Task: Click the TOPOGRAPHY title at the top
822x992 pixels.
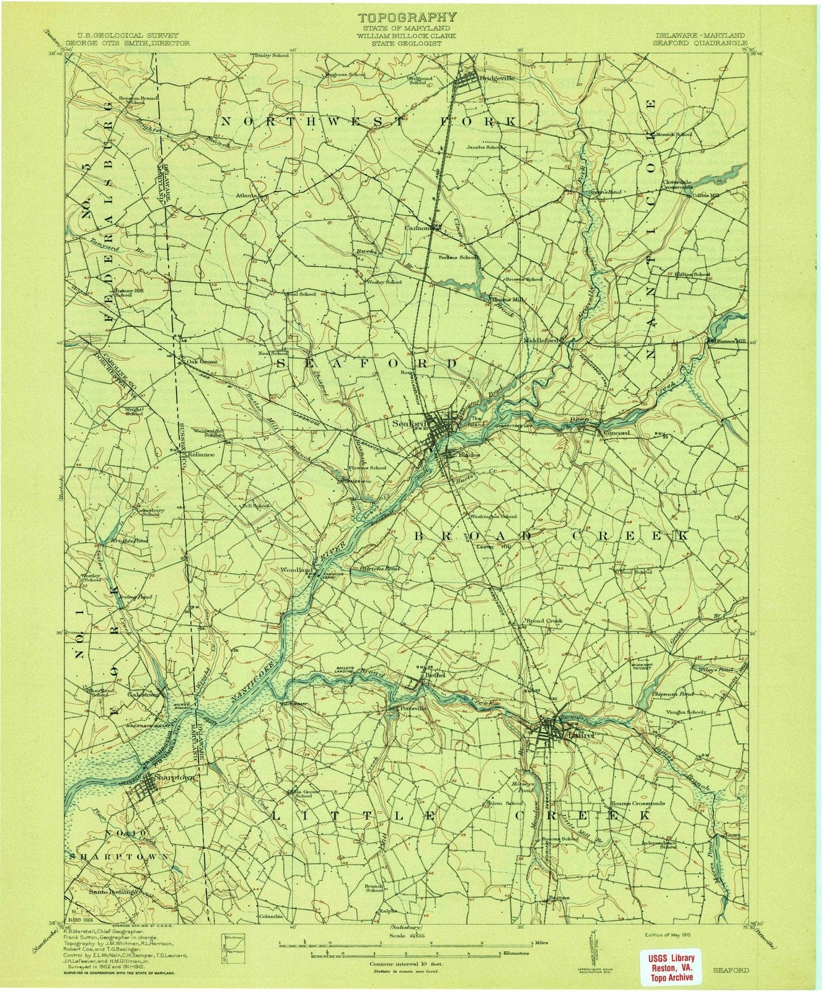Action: pos(407,17)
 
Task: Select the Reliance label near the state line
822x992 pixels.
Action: pos(196,454)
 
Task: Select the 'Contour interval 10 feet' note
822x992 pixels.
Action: pos(404,964)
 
